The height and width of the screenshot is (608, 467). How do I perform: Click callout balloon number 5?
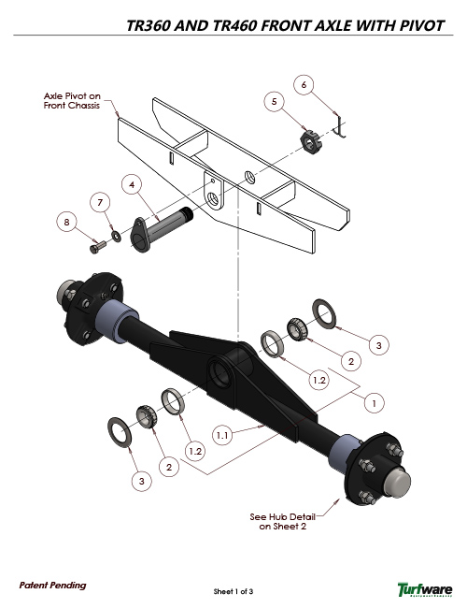(274, 100)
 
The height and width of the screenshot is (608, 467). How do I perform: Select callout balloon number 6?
(304, 84)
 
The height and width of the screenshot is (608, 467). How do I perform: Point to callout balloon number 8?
(65, 222)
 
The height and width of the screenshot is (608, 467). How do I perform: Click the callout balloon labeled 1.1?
(223, 435)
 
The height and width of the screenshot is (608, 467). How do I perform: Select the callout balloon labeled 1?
(373, 404)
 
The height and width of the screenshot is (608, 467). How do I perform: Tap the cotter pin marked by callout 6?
(341, 126)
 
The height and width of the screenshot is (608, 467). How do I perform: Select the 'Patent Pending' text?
(52, 585)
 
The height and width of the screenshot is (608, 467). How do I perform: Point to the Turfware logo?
(425, 588)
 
